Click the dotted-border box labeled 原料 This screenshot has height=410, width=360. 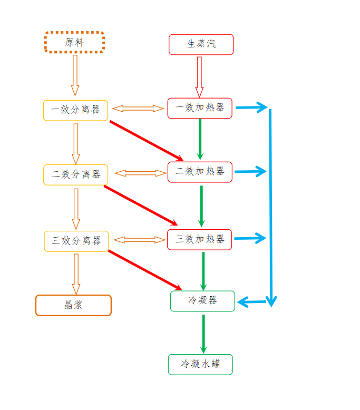(74, 42)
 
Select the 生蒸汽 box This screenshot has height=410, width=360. (201, 44)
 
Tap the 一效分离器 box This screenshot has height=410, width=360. (75, 110)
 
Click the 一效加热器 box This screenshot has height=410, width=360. (200, 108)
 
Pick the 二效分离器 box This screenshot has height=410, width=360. (75, 174)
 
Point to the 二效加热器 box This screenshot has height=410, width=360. (200, 172)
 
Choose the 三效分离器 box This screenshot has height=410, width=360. (76, 241)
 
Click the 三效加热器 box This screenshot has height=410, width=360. (200, 239)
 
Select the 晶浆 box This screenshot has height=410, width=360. (73, 305)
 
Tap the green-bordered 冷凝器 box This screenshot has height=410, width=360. (202, 301)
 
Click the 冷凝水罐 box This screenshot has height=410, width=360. (200, 364)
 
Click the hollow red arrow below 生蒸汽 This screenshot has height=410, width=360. (199, 76)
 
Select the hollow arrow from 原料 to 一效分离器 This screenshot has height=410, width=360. (75, 75)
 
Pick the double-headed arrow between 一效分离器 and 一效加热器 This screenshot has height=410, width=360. (138, 109)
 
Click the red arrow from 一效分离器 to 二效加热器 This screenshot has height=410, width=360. (146, 141)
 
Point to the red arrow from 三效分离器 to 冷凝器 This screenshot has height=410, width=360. (145, 270)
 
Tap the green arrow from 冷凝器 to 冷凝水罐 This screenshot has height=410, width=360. (203, 333)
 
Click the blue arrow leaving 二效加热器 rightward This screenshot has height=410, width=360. (250, 171)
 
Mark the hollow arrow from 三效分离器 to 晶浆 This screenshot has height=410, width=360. (76, 273)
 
